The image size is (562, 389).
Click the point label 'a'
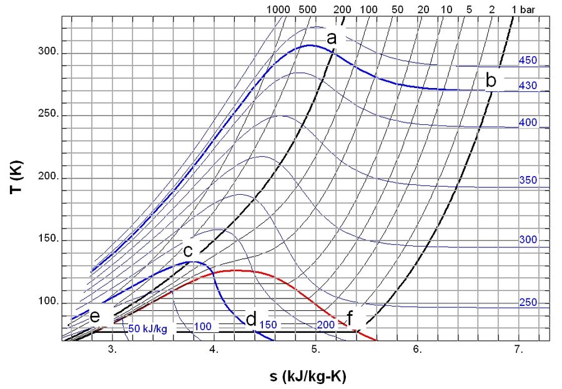pyautogui.click(x=332, y=39)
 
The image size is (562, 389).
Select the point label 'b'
pyautogui.click(x=491, y=81)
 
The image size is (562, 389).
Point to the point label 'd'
pyautogui.click(x=251, y=320)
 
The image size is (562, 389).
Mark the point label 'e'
pyautogui.click(x=95, y=317)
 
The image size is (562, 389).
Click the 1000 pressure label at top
pyautogui.click(x=278, y=9)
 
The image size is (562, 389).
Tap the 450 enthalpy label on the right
pyautogui.click(x=528, y=61)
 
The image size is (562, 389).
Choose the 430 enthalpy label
pyautogui.click(x=528, y=86)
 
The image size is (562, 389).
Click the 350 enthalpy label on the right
pyautogui.click(x=528, y=180)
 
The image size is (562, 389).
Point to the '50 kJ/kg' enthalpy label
pyautogui.click(x=148, y=327)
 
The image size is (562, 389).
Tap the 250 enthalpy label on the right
pyautogui.click(x=528, y=303)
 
